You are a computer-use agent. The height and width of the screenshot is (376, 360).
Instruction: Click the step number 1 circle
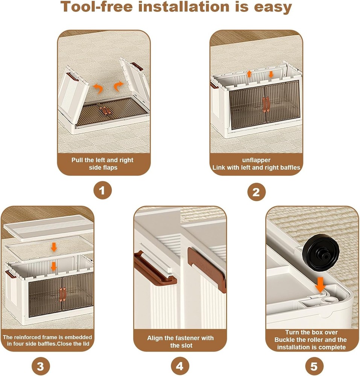click(102, 190)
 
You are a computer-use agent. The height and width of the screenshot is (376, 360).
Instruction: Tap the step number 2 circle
click(256, 192)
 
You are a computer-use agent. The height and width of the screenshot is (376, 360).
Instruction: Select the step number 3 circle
click(41, 366)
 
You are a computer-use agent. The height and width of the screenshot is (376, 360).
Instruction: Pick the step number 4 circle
click(180, 366)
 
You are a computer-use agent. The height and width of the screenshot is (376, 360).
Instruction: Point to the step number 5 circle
click(314, 366)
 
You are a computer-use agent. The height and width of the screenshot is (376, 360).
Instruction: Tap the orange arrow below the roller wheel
click(320, 285)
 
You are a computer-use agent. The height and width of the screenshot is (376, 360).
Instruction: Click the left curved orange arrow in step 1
click(98, 88)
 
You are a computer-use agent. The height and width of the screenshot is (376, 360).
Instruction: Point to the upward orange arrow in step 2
click(249, 74)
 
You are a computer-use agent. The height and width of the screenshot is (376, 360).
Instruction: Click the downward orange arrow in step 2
click(271, 74)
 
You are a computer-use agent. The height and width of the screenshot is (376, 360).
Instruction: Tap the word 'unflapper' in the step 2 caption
click(256, 160)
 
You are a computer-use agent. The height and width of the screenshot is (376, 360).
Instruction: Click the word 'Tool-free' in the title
click(96, 6)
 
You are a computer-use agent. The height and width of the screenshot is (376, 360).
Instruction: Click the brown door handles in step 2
click(266, 105)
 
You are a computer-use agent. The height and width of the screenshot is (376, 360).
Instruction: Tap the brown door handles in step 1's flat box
click(105, 111)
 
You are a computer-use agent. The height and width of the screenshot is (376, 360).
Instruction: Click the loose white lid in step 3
click(48, 228)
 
